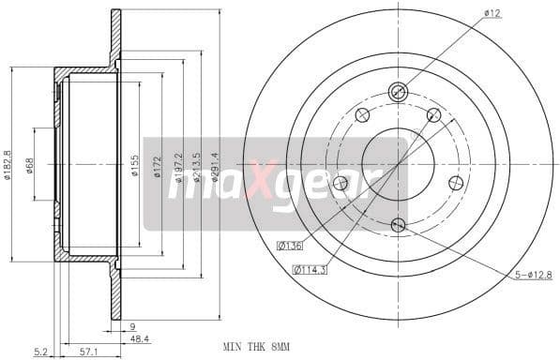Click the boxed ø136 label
click(290, 247)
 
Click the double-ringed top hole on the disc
click(397, 92)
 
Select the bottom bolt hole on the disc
click(397, 224)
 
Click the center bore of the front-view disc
click(397, 158)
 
